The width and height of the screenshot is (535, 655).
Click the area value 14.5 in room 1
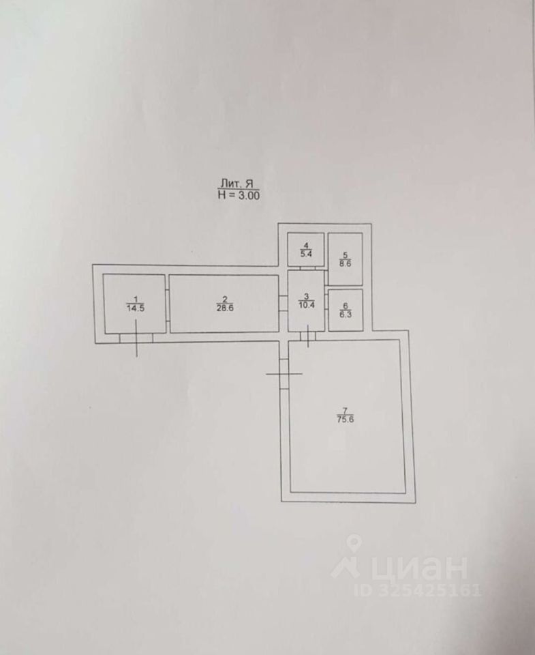tap(136, 308)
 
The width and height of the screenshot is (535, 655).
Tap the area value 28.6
tap(225, 308)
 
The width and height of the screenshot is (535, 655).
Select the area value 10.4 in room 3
tap(307, 305)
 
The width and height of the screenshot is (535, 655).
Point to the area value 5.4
tap(306, 254)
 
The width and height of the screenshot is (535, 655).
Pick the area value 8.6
tap(345, 263)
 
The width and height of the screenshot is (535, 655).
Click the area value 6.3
tap(345, 315)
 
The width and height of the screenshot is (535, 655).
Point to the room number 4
tap(306, 246)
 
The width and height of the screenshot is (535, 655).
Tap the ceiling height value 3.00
tap(247, 194)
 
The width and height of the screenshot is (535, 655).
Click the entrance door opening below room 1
tap(136, 337)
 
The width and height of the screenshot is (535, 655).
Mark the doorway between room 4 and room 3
tap(306, 269)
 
